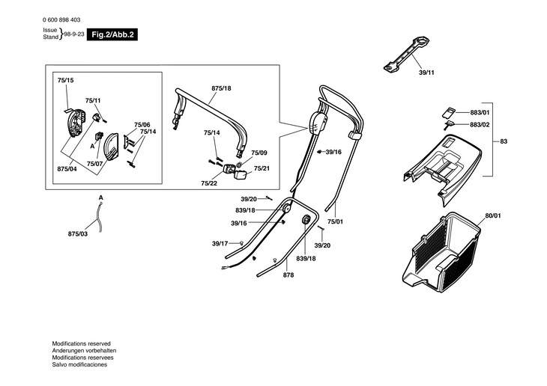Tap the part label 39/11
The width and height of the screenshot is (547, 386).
pyautogui.click(x=426, y=72)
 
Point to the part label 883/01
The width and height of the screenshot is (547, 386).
pyautogui.click(x=480, y=112)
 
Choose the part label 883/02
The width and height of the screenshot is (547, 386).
pyautogui.click(x=480, y=124)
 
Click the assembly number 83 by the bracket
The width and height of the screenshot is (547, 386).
pyautogui.click(x=504, y=141)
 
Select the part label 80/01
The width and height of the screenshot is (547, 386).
pyautogui.click(x=492, y=216)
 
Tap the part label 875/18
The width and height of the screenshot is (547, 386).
pyautogui.click(x=221, y=88)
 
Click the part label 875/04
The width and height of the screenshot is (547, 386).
pyautogui.click(x=67, y=170)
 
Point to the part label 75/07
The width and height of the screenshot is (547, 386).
pyautogui.click(x=94, y=163)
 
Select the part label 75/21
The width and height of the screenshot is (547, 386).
pyautogui.click(x=262, y=168)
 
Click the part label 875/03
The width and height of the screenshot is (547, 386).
pyautogui.click(x=78, y=235)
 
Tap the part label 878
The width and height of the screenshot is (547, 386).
pyautogui.click(x=288, y=275)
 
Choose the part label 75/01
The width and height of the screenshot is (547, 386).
pyautogui.click(x=336, y=221)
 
